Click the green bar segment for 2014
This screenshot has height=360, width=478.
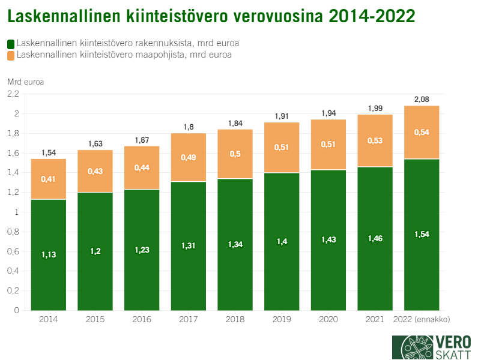coord(48,255)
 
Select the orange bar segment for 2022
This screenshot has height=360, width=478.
coord(422,132)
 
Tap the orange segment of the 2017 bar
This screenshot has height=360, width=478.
coord(189,157)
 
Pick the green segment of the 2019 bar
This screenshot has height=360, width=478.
coord(282,241)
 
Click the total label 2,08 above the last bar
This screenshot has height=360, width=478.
coord(422,100)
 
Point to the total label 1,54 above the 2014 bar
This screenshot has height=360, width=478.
coord(48,153)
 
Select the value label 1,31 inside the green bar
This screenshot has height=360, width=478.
coord(189,245)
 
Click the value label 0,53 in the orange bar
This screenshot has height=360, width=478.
coord(375,141)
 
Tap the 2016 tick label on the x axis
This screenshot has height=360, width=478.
coord(142,319)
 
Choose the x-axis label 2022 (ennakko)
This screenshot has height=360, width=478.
coord(422,319)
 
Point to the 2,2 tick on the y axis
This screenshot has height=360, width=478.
coord(13,94)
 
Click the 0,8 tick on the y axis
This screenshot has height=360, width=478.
coord(13,232)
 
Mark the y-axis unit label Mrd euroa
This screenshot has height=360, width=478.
coord(26,82)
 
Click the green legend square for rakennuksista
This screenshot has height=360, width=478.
coord(11,44)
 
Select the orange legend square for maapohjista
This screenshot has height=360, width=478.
coord(11,55)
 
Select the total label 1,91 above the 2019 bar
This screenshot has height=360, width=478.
coord(282,116)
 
